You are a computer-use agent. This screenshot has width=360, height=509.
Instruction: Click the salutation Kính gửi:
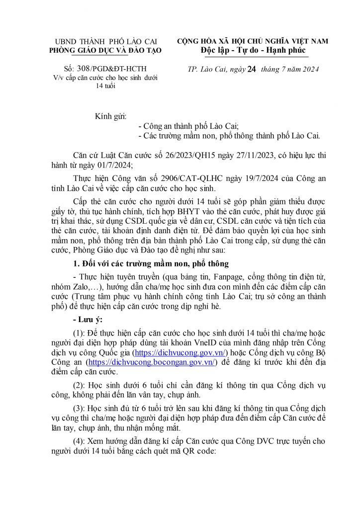tap(110, 117)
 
